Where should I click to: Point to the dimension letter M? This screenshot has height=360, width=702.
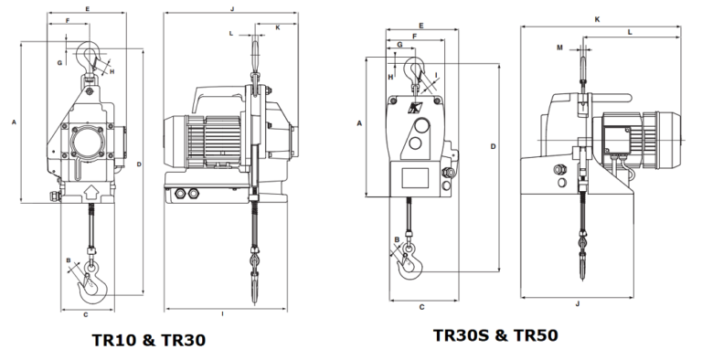(x=559, y=47)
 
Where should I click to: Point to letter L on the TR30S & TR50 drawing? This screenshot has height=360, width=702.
(x=630, y=32)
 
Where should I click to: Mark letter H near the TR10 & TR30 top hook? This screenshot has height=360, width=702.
(x=112, y=70)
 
